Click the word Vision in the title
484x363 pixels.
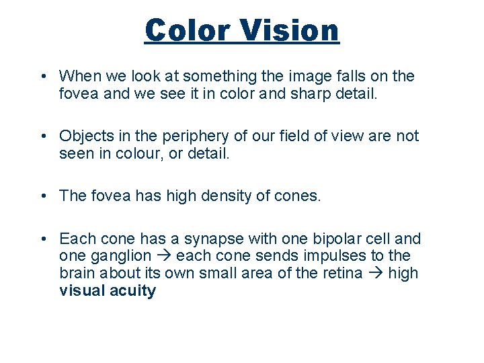[291, 30]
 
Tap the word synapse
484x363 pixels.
[216, 239]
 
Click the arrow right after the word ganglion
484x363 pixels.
[163, 256]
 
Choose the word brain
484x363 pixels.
[77, 274]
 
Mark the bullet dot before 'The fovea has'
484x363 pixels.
[43, 196]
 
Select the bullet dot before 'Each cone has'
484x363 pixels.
[43, 239]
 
